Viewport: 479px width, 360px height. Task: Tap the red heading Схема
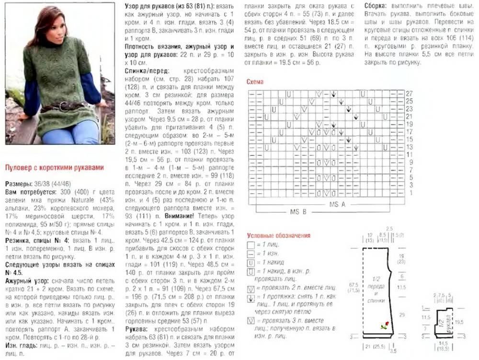click(x=255, y=81)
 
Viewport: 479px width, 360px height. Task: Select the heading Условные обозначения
click(x=279, y=235)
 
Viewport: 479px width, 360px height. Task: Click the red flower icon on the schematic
click(x=384, y=326)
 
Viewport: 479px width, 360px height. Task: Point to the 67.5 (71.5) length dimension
click(x=355, y=287)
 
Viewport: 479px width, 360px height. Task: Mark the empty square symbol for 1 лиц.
click(x=251, y=244)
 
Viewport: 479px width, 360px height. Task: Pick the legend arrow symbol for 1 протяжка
click(x=251, y=298)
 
